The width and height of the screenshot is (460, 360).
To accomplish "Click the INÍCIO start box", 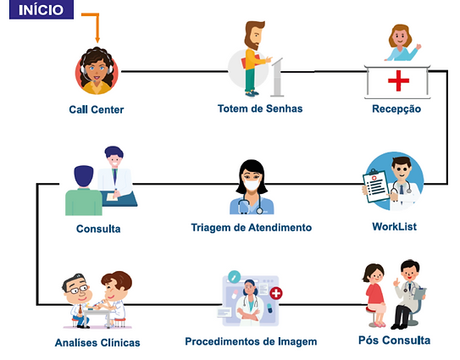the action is click(x=42, y=9).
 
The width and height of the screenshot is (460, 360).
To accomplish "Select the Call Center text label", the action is click(x=97, y=110).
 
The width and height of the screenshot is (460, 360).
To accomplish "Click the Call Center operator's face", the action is click(x=97, y=69).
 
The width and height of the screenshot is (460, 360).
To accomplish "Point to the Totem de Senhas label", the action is click(x=260, y=108).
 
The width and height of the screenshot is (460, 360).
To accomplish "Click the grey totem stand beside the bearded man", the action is click(x=277, y=77).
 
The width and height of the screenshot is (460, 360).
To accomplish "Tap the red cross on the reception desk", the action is click(x=398, y=80).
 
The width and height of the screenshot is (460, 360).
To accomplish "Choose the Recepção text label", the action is click(x=396, y=109).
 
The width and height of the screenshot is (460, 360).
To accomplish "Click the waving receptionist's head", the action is click(x=400, y=36).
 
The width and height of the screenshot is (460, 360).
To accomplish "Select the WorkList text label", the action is click(x=394, y=226).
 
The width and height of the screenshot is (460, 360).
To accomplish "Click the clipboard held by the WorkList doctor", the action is click(x=375, y=186).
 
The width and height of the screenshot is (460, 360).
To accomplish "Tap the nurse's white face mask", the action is click(x=252, y=185).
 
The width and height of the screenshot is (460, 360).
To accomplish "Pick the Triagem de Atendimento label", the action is click(x=251, y=227).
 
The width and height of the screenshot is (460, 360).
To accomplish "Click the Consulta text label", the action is click(x=98, y=229).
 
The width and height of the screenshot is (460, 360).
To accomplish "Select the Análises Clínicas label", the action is click(x=97, y=342).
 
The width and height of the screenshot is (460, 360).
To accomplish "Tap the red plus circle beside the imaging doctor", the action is click(x=276, y=293).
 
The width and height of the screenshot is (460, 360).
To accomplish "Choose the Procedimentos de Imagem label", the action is click(x=251, y=341).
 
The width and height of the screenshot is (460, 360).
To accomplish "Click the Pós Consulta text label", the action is click(x=394, y=340).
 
